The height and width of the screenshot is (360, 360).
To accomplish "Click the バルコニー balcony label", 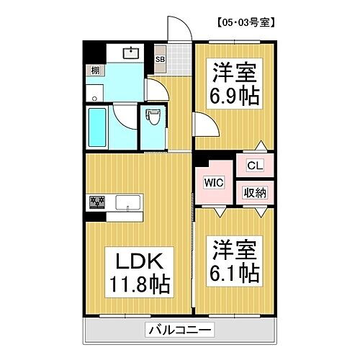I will click(179, 330).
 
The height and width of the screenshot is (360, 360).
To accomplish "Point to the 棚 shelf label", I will click(94, 70).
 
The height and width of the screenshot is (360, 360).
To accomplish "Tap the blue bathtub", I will click(97, 127).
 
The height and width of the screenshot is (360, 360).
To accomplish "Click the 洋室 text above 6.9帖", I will click(234, 72).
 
